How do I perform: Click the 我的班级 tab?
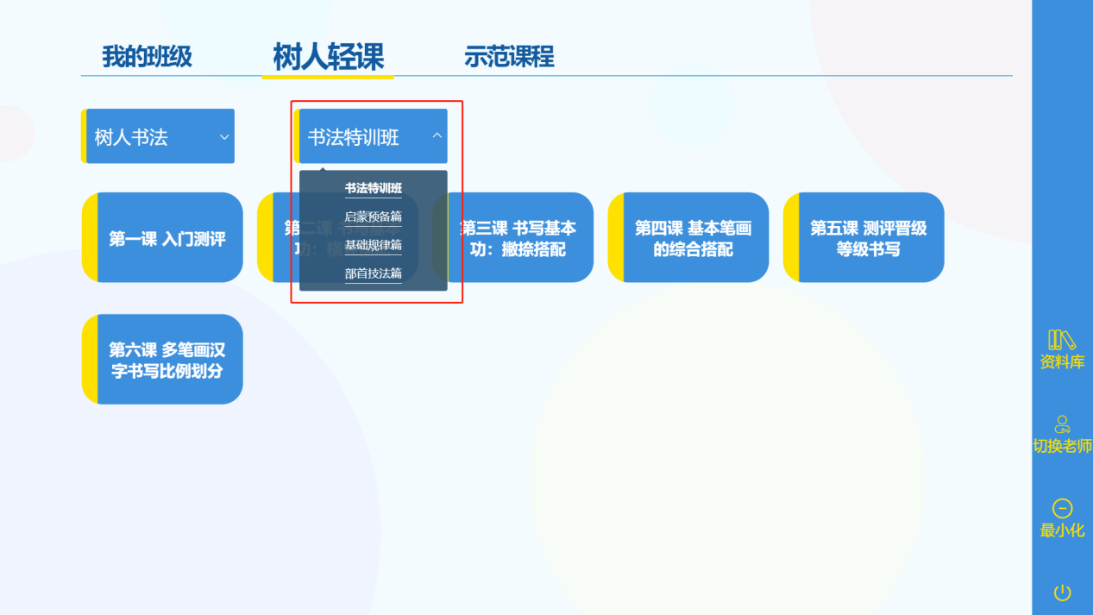[x=147, y=57]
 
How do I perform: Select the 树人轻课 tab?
[x=328, y=57]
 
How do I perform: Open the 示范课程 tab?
[x=509, y=57]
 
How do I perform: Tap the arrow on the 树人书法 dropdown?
[x=224, y=136]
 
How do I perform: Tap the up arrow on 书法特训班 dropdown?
[x=437, y=135]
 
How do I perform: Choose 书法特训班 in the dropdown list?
[x=374, y=188]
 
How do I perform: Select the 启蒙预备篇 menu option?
[x=374, y=217]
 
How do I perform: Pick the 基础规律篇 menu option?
[x=374, y=245]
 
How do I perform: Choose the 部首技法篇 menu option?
[x=374, y=273]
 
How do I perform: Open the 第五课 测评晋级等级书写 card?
[x=868, y=238]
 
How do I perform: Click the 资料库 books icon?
[x=1062, y=340]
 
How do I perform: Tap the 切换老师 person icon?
[x=1062, y=424]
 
